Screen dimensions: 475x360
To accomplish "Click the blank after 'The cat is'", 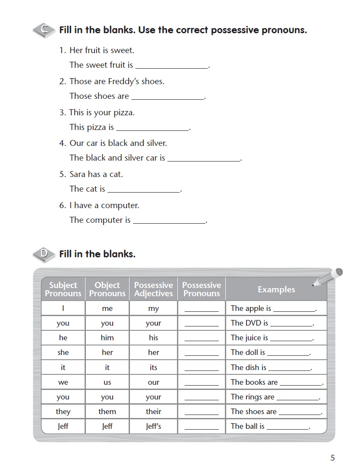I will (144, 190).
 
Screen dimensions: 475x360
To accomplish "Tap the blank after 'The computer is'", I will (169, 221).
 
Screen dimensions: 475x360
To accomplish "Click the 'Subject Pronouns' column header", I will (63, 289).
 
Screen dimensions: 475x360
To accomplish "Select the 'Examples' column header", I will (276, 289).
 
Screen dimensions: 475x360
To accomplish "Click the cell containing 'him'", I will (107, 338).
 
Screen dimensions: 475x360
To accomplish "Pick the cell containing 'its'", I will (153, 367).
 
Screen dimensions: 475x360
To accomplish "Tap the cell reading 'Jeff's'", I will (153, 426).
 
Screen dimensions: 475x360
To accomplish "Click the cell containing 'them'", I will (107, 412).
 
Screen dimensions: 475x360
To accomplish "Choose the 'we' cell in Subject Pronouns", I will (63, 382).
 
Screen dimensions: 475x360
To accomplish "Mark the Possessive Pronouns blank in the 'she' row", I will (202, 353).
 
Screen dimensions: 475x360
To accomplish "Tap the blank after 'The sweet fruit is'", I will (171, 66).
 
